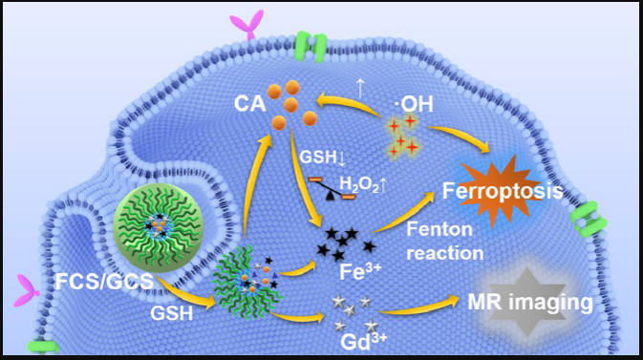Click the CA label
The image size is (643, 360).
click(249, 104)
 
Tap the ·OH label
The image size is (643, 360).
click(413, 104)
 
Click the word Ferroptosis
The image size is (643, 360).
click(503, 191)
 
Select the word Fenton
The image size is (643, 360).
click(439, 229)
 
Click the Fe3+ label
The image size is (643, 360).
click(360, 270)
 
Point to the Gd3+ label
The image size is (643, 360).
click(363, 341)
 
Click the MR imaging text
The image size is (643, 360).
click(530, 302)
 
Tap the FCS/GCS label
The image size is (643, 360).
click(104, 282)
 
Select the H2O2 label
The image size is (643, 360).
click(359, 186)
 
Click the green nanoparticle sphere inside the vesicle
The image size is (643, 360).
click(159, 223)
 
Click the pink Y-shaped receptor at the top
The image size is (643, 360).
click(247, 25)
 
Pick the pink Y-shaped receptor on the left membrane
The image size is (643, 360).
click(27, 290)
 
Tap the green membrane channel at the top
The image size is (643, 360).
click(311, 47)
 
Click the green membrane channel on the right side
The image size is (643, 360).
click(589, 220)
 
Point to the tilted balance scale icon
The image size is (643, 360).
click(332, 189)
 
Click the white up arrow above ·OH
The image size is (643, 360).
click(360, 89)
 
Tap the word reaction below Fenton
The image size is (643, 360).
click(445, 253)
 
